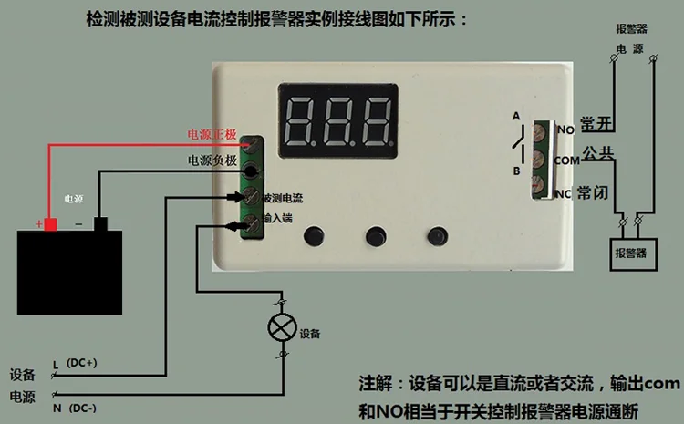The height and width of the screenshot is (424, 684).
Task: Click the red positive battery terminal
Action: coord(51,224)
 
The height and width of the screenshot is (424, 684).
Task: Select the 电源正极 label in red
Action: coord(212,134)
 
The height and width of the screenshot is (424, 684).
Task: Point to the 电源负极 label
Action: coord(212,160)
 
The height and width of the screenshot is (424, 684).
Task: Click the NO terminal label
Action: coord(565,130)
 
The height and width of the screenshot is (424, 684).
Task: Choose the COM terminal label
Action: coord(566,160)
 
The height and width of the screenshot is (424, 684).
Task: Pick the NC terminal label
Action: coord(564,192)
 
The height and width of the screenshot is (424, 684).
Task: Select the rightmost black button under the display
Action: coord(438,235)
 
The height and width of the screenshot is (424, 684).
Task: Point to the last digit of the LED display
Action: coord(377,119)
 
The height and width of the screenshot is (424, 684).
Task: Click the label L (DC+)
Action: coord(75,363)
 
